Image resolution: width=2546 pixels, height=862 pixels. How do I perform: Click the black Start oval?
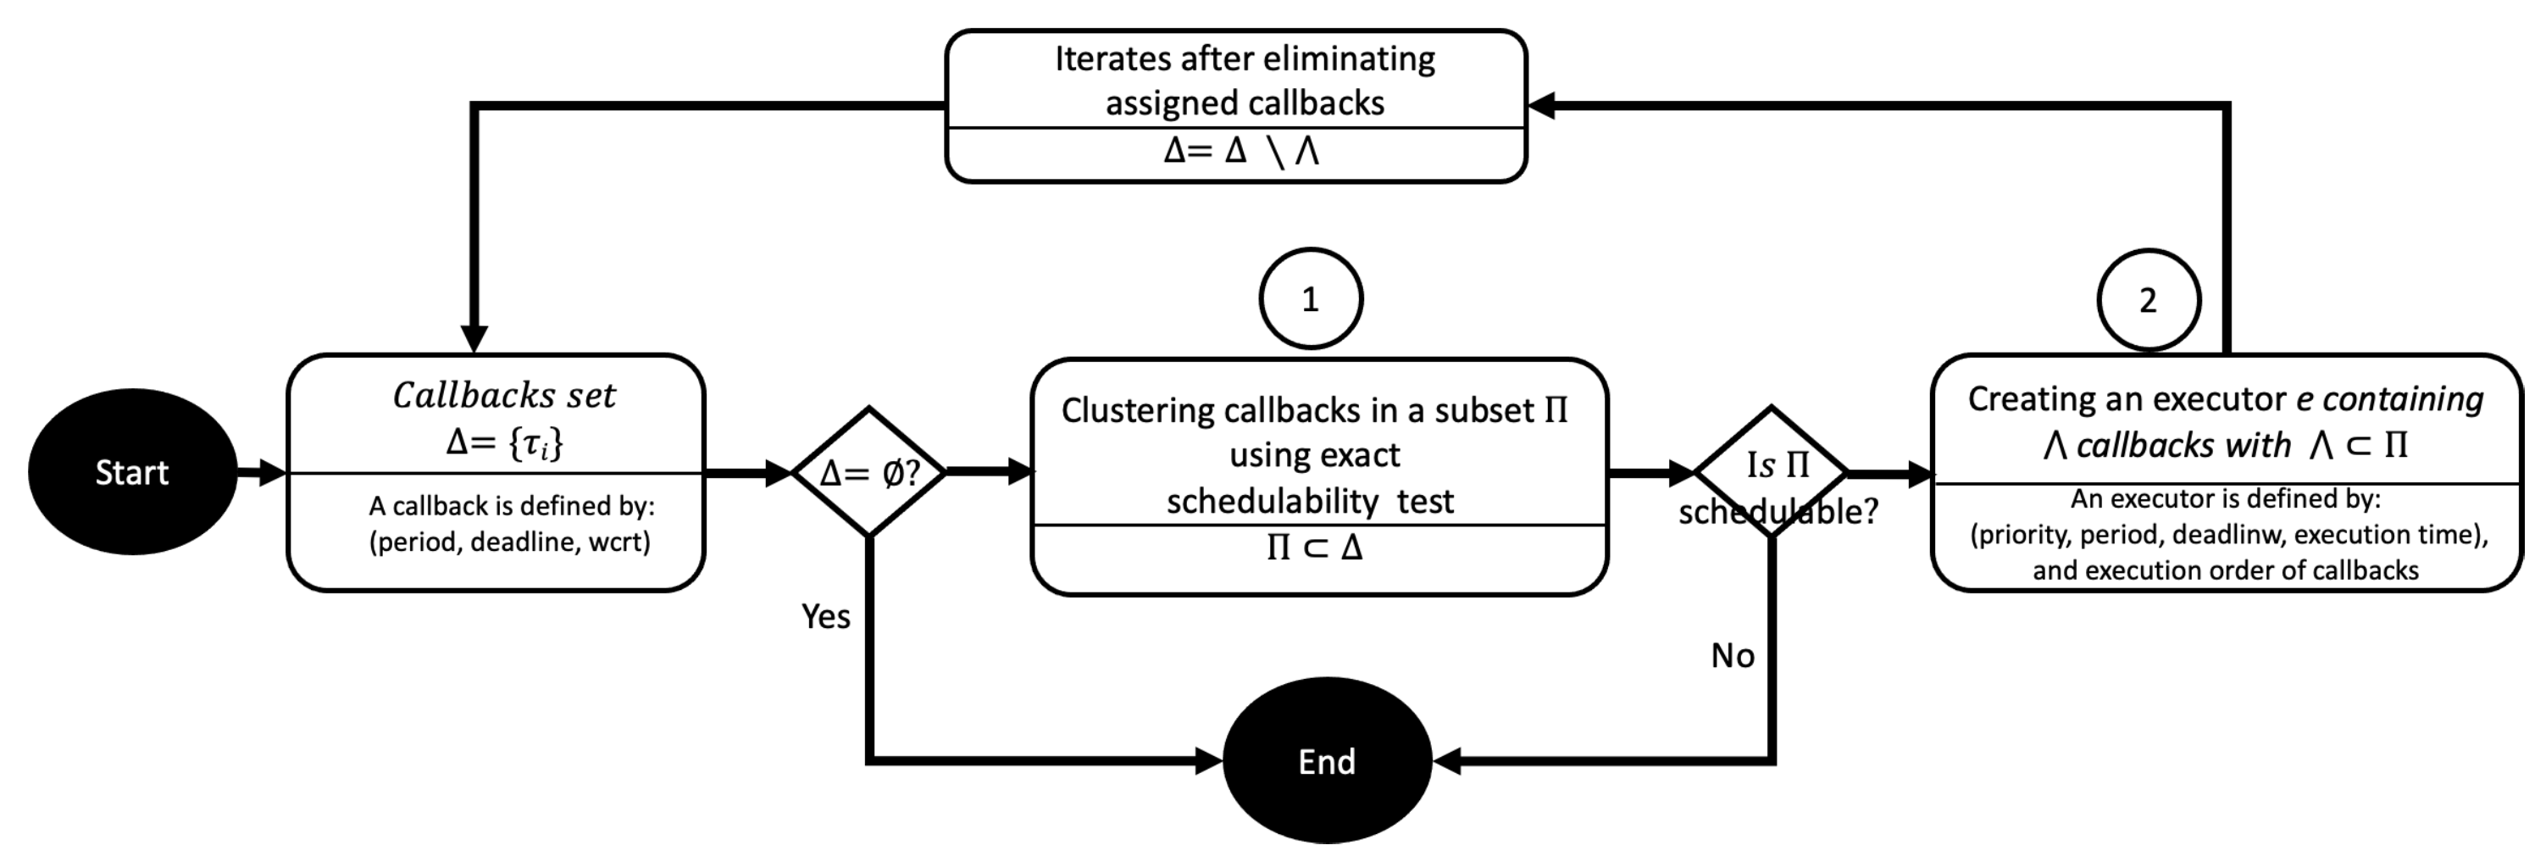[x=131, y=471]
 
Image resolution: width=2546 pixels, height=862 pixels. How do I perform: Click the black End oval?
[x=1326, y=760]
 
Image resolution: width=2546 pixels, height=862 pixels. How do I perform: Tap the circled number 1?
[x=1311, y=298]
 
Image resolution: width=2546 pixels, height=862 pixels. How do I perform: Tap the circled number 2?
[x=2148, y=299]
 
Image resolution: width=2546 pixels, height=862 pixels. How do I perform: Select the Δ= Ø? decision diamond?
[x=868, y=472]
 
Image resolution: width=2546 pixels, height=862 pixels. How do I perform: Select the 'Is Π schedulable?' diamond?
[x=1771, y=472]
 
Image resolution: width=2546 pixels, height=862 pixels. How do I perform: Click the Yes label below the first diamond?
[x=825, y=617]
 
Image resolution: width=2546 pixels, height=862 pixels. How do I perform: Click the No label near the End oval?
[x=1733, y=655]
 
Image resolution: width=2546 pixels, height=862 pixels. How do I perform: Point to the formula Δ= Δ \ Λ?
[x=1241, y=151]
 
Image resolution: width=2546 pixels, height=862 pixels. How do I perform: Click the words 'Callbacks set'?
[x=503, y=396]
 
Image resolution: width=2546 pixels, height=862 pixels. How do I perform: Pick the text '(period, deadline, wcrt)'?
[x=510, y=542]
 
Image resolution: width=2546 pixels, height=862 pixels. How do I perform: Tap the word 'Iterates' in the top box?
[x=1112, y=59]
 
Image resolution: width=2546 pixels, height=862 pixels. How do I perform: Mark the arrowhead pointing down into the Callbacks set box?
[x=474, y=339]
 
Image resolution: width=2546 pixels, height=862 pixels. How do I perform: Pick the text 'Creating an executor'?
[x=2126, y=398]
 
